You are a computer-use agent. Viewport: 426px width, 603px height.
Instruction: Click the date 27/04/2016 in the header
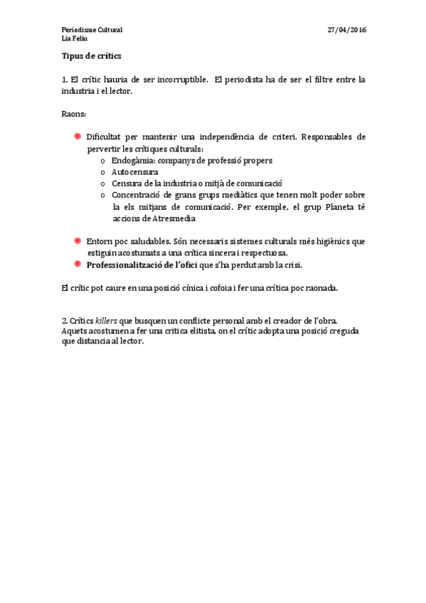pyautogui.click(x=346, y=30)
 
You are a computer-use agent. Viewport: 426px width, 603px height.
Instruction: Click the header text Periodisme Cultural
pyautogui.click(x=92, y=30)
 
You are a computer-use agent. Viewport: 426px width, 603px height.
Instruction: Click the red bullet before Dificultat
pyautogui.click(x=78, y=136)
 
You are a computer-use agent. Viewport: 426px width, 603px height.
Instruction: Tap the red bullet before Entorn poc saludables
pyautogui.click(x=78, y=241)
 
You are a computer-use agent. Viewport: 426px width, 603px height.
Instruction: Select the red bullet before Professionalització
pyautogui.click(x=78, y=265)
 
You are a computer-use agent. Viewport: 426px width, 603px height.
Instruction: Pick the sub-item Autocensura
pyautogui.click(x=135, y=172)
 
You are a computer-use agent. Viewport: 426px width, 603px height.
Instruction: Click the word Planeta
pyautogui.click(x=333, y=207)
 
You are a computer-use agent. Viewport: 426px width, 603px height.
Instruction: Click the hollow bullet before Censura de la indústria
pyautogui.click(x=103, y=183)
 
